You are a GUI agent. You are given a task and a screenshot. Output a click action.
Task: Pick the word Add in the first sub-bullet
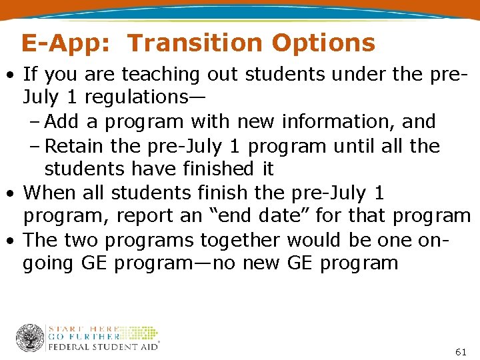click(x=62, y=121)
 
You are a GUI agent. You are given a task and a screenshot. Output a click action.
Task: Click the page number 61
click(x=460, y=351)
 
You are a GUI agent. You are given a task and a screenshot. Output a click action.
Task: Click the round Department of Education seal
click(x=30, y=337)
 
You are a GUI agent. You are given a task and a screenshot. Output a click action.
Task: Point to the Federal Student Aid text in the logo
click(x=103, y=347)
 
